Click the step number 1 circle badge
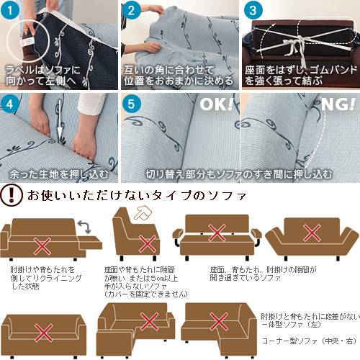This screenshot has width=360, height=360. pos(11,11)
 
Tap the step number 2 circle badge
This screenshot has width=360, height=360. pos(131,11)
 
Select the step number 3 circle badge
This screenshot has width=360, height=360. pos(252,11)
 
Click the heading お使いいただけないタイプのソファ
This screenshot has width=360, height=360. pos(137,195)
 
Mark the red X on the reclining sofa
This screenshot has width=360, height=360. pos(43,246)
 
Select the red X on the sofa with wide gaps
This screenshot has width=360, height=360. pos(216,232)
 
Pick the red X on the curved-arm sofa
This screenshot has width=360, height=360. pos(311,233)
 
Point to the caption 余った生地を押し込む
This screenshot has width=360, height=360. pos(59,174)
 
